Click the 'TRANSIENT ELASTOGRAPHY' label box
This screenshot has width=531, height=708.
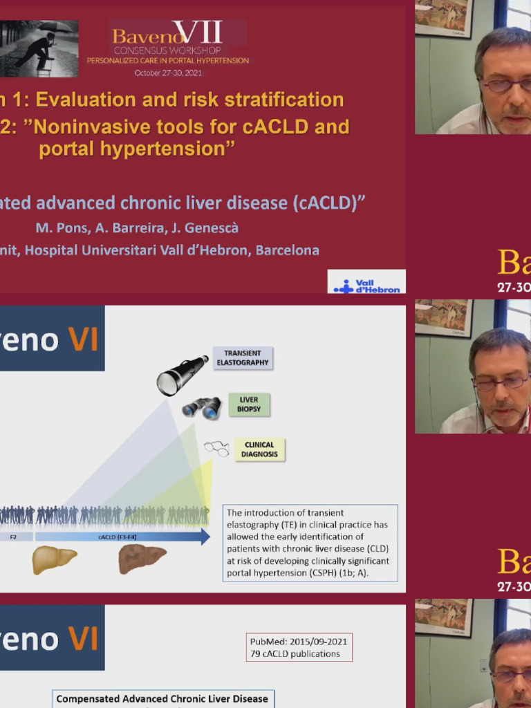coord(242,358)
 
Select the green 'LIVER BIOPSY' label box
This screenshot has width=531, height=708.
coord(249,404)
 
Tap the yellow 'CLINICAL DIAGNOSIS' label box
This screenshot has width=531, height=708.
coord(259,449)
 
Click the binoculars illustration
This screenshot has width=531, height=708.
coord(201,407)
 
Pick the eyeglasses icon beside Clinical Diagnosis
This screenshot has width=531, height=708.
coord(216,449)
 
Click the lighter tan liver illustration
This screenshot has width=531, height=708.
coord(54,559)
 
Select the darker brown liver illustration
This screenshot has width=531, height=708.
coord(142,559)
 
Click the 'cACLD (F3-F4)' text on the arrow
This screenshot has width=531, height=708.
coord(111,536)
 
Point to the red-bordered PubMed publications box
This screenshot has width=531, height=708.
coord(299,647)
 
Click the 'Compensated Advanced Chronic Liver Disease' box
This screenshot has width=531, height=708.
coord(162,699)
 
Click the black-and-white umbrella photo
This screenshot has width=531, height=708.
coord(39,48)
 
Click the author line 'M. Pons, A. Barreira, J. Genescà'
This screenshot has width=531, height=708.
coord(137,227)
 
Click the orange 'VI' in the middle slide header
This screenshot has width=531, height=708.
coord(82,339)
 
